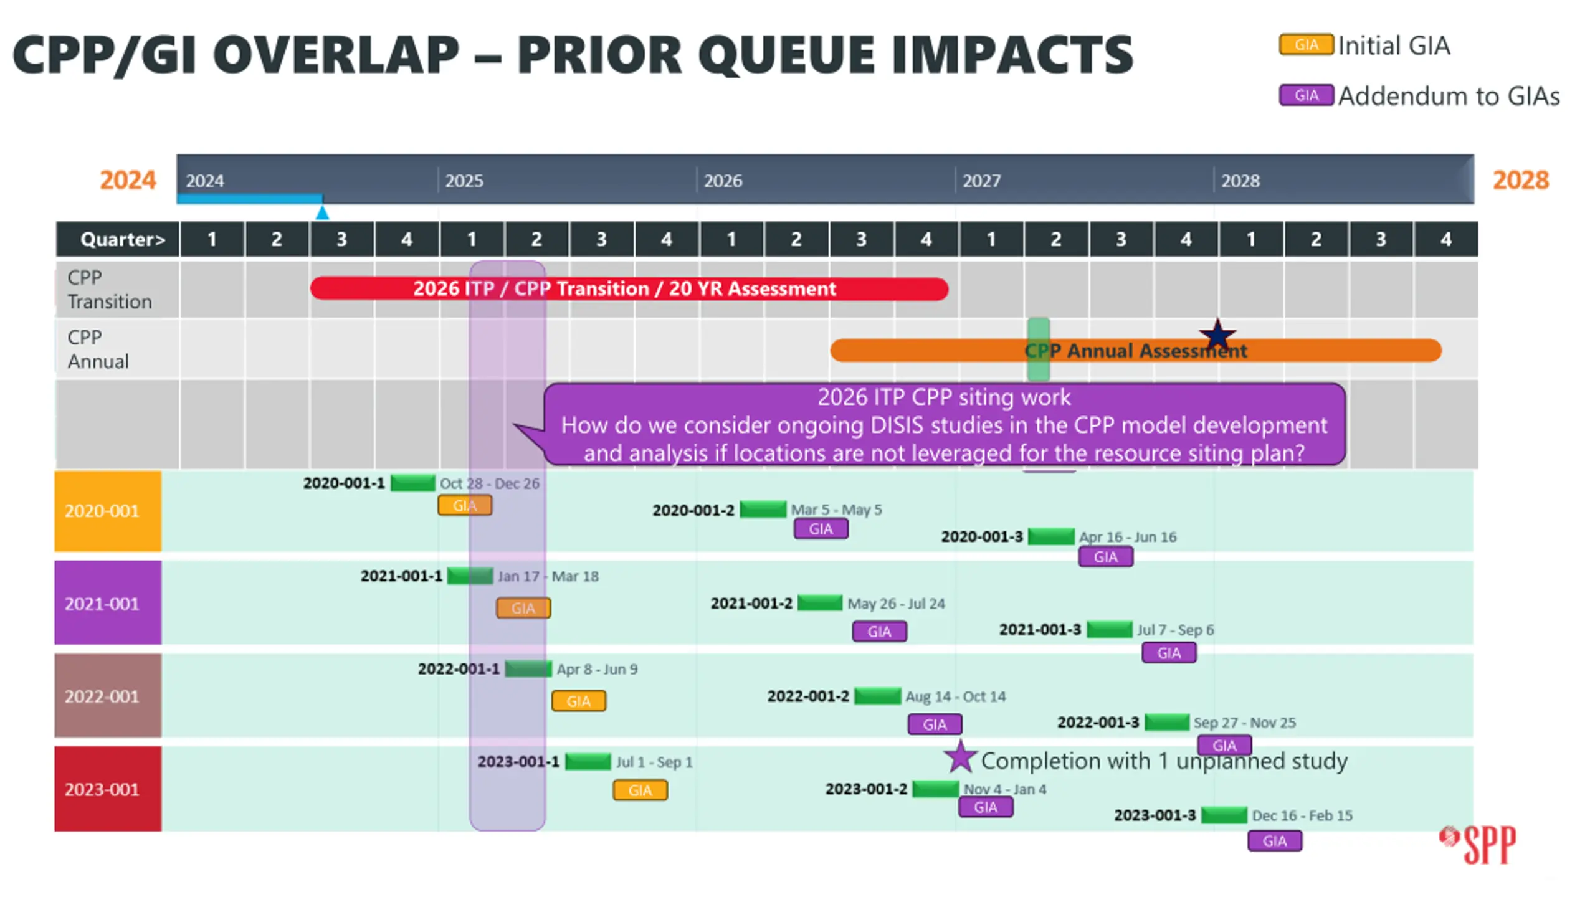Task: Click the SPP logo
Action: (1477, 844)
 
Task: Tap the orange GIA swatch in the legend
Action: (1306, 45)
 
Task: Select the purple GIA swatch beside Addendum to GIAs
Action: (1306, 95)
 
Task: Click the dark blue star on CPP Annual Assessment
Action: (1217, 335)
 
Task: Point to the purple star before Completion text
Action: (960, 757)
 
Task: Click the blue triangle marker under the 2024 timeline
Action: (322, 212)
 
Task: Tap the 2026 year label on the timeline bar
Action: (723, 181)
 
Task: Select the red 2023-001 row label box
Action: (108, 789)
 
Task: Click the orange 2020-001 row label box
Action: (108, 511)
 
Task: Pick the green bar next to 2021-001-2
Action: (820, 602)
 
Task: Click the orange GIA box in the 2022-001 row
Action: (578, 701)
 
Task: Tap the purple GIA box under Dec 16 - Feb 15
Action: (1275, 841)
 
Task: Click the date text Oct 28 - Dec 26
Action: (489, 483)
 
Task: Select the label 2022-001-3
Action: (1098, 723)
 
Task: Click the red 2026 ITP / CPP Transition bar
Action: (629, 288)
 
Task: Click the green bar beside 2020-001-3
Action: (1051, 536)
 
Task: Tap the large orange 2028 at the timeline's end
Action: (1520, 180)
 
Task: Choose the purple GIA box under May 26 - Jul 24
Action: (879, 631)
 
